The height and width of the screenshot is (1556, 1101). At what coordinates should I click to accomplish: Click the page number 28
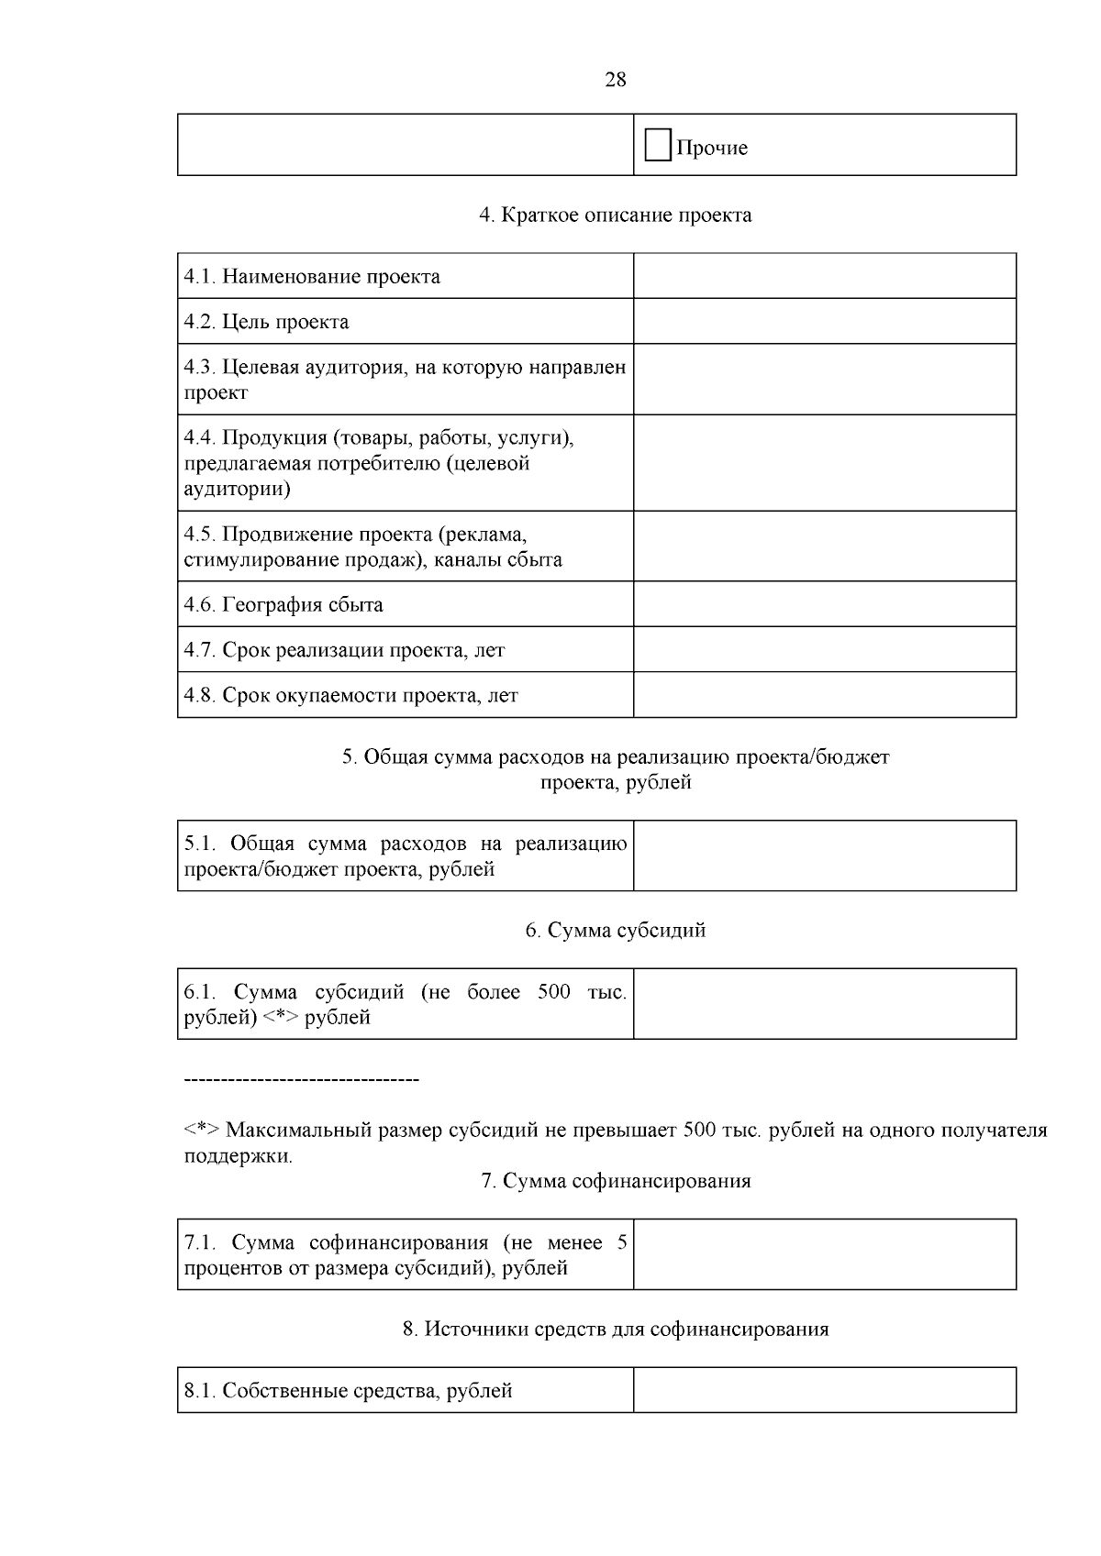pos(616,80)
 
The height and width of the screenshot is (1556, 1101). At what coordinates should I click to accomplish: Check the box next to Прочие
pos(657,146)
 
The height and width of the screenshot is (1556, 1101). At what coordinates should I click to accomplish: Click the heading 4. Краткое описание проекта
pos(616,215)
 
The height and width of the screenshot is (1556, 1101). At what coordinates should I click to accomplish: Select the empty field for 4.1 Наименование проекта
pos(824,276)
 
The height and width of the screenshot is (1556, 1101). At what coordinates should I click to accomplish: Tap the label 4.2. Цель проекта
pos(266,322)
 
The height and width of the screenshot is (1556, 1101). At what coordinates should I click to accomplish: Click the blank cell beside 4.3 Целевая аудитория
pos(824,380)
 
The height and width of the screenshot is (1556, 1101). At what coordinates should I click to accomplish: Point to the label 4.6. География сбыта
pos(284,605)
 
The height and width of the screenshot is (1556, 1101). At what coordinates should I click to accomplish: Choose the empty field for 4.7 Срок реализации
pos(824,649)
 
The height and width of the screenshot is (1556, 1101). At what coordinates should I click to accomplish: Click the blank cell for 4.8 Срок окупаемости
pos(824,695)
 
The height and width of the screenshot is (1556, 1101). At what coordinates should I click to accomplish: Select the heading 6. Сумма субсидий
pos(616,931)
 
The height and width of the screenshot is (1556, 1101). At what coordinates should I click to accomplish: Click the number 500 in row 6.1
pos(554,992)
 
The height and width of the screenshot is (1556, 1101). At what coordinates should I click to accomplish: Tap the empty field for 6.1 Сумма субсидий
pos(824,1004)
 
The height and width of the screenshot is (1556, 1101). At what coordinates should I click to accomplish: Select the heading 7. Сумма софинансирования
pos(616,1181)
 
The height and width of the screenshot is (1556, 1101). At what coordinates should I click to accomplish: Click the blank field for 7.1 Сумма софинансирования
pos(824,1254)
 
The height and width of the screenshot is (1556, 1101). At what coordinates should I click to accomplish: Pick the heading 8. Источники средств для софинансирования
pos(616,1330)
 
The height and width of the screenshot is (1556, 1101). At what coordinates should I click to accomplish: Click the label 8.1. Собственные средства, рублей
pos(348,1391)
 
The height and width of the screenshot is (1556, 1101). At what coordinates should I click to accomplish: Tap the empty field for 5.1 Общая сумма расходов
pos(824,855)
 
